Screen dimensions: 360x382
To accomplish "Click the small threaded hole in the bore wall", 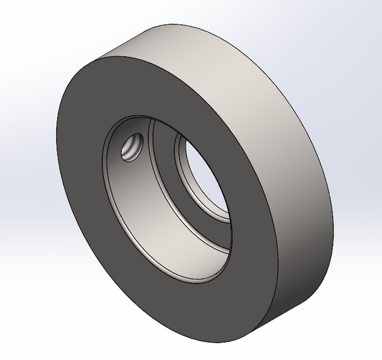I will point(132,147).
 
